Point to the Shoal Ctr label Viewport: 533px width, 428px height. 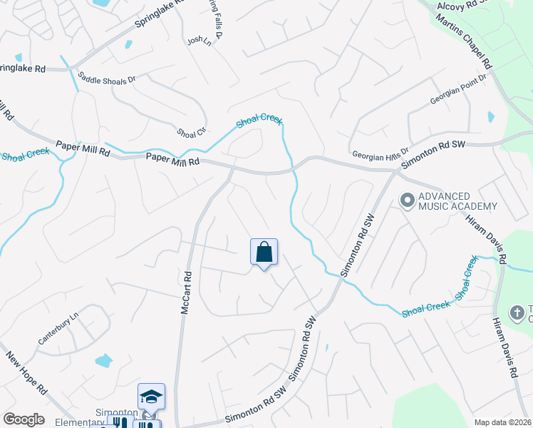(x=190, y=132)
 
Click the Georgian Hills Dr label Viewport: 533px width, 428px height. (x=381, y=153)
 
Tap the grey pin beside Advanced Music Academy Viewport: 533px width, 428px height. (x=407, y=200)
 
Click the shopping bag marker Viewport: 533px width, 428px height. (x=264, y=252)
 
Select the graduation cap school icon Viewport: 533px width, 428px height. (x=151, y=396)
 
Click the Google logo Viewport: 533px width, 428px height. (x=24, y=419)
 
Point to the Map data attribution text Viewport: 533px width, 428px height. (x=502, y=422)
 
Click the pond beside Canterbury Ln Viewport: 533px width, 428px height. (x=104, y=360)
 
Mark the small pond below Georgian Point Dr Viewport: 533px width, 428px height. (x=490, y=116)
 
